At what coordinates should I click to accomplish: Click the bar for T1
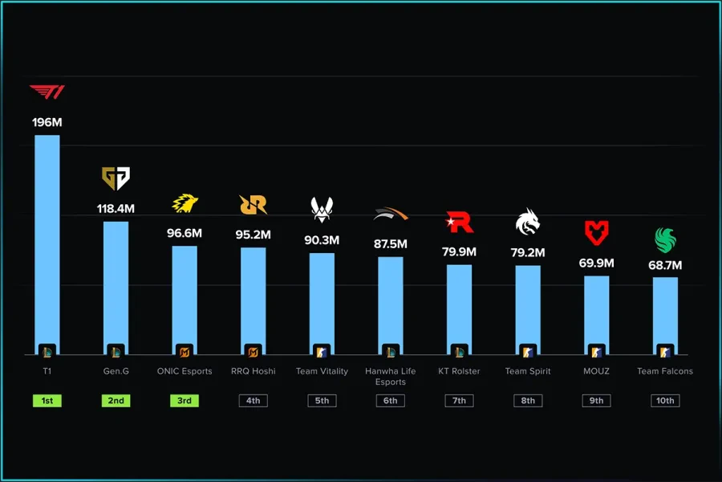[47, 241]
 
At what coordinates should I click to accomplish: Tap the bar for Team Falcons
[665, 313]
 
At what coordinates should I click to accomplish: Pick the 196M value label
[47, 122]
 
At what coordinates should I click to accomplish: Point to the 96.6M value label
[185, 233]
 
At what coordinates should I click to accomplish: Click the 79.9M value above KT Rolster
[459, 251]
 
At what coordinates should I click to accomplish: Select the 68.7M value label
[665, 265]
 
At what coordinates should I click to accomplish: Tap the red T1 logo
[47, 92]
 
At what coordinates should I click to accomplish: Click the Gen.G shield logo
[116, 178]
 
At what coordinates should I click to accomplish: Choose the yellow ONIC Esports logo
[185, 204]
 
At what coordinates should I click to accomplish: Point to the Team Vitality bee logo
[322, 209]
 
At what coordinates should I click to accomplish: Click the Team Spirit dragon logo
[528, 222]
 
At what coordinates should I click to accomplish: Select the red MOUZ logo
[596, 233]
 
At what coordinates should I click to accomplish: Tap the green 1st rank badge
[47, 400]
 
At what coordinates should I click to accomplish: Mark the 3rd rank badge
[185, 400]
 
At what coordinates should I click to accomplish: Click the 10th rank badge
[665, 400]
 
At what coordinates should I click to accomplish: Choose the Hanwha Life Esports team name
[391, 376]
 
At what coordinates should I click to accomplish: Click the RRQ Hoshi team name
[253, 371]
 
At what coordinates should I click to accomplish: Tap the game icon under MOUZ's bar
[596, 351]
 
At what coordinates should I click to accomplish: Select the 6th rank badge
[391, 400]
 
